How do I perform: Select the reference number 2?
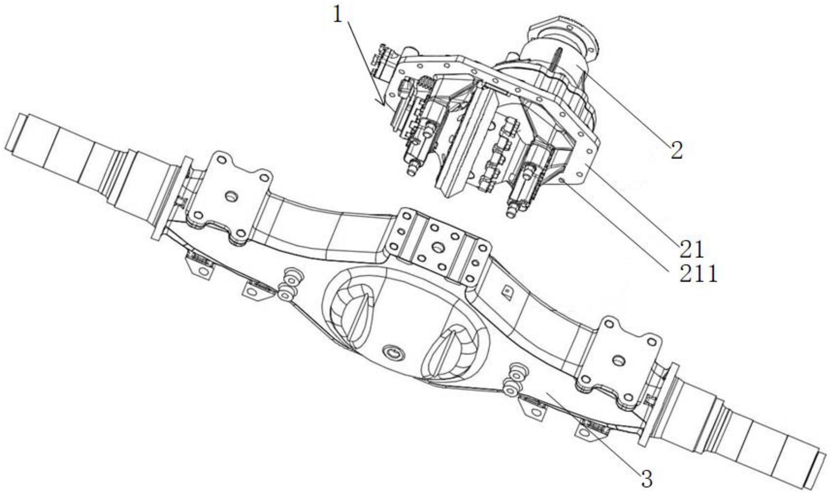(677, 150)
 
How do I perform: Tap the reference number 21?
(692, 249)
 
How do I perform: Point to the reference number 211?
(699, 274)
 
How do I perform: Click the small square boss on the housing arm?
(506, 290)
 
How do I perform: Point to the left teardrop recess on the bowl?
(351, 311)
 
